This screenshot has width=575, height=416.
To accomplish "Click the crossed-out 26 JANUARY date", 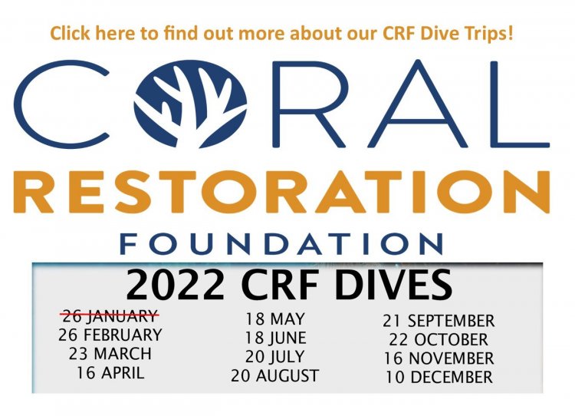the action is [110, 315].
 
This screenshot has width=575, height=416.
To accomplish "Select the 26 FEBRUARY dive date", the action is [110, 335].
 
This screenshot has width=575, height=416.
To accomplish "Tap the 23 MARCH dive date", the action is [110, 354].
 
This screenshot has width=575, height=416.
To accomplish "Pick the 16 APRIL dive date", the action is [110, 373].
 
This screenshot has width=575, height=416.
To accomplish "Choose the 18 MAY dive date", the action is [275, 319].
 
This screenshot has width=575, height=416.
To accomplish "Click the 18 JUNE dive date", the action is [275, 338].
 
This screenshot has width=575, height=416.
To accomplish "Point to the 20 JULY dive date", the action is [275, 357].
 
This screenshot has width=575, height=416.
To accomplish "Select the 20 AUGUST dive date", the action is [275, 375].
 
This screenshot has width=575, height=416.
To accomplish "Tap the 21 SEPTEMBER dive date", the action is [439, 321].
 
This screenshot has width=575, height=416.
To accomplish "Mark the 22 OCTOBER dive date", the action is [439, 339].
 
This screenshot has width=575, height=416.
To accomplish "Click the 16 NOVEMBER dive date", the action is [439, 358].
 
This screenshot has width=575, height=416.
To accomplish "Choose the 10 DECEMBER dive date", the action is [439, 378].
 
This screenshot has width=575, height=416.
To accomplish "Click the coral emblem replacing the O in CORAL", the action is [190, 104].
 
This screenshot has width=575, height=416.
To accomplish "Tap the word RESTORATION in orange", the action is [281, 192].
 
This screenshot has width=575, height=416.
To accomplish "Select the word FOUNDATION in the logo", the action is [281, 244].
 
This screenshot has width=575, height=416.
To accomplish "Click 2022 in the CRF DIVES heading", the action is [175, 284].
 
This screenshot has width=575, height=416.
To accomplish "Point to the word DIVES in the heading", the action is [393, 284].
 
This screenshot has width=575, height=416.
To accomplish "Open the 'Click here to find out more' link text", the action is [281, 33].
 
